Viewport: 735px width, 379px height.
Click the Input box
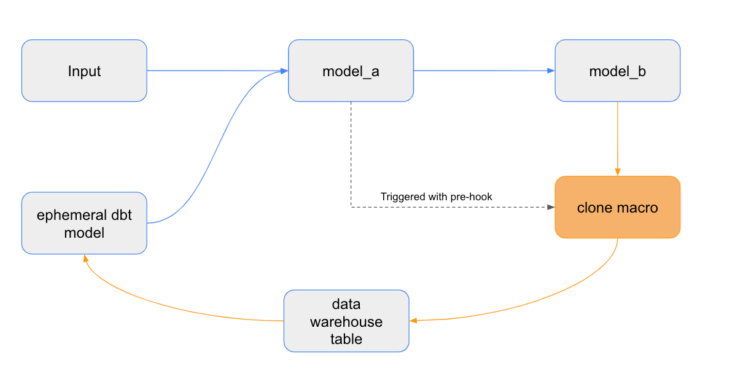(84, 71)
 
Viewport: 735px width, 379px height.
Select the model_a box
(351, 71)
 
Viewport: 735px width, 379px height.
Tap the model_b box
(617, 71)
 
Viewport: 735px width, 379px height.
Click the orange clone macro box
(617, 208)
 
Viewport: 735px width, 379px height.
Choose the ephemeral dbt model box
(84, 224)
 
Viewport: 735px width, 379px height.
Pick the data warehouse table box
(346, 321)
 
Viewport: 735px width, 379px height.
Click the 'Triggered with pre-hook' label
(436, 197)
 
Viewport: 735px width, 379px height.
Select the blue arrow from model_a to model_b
(484, 71)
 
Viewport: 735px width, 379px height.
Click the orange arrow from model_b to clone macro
(617, 138)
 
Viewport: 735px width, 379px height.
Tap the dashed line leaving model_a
(351, 154)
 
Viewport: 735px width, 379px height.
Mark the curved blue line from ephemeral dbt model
(215, 147)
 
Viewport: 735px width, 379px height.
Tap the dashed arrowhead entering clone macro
(550, 207)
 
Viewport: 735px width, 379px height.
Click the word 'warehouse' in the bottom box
(346, 322)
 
